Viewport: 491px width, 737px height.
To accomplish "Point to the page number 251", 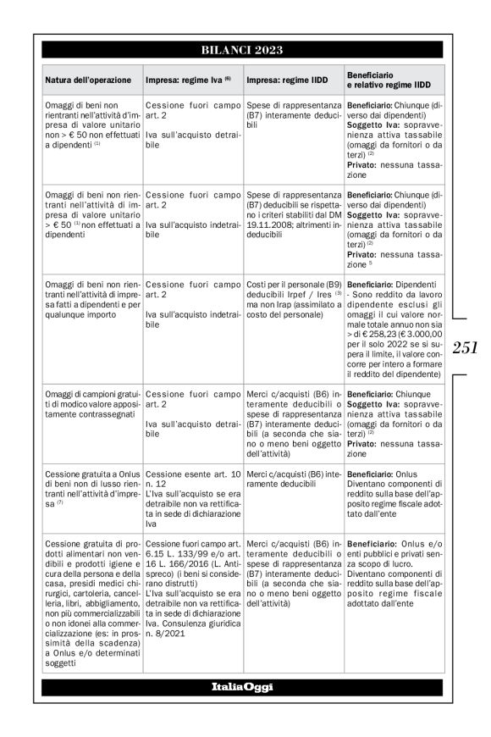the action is coord(466,346).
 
